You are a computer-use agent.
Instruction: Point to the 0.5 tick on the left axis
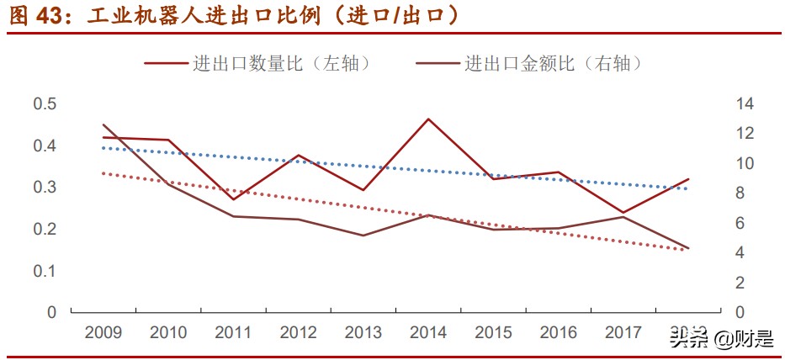tap(45, 103)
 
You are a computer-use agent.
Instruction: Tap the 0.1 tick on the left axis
tap(45, 270)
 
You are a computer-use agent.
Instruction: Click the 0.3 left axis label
tap(45, 187)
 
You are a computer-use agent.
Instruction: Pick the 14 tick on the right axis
tap(745, 103)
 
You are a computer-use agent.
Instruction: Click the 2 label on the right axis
tap(741, 283)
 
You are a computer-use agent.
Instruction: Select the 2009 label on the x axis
tap(103, 332)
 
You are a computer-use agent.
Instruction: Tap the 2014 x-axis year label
tap(428, 332)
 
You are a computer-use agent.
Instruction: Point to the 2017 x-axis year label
tap(623, 332)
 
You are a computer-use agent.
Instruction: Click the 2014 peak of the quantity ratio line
tap(428, 119)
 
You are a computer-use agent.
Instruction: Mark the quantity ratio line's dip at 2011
tap(233, 199)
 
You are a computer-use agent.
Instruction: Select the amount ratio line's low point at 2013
tap(363, 236)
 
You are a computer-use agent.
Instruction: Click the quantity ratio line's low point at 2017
tap(623, 213)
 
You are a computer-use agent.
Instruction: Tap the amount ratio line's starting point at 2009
tap(103, 124)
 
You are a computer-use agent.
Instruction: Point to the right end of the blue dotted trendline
tap(687, 188)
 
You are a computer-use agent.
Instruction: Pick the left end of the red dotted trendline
tap(103, 173)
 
